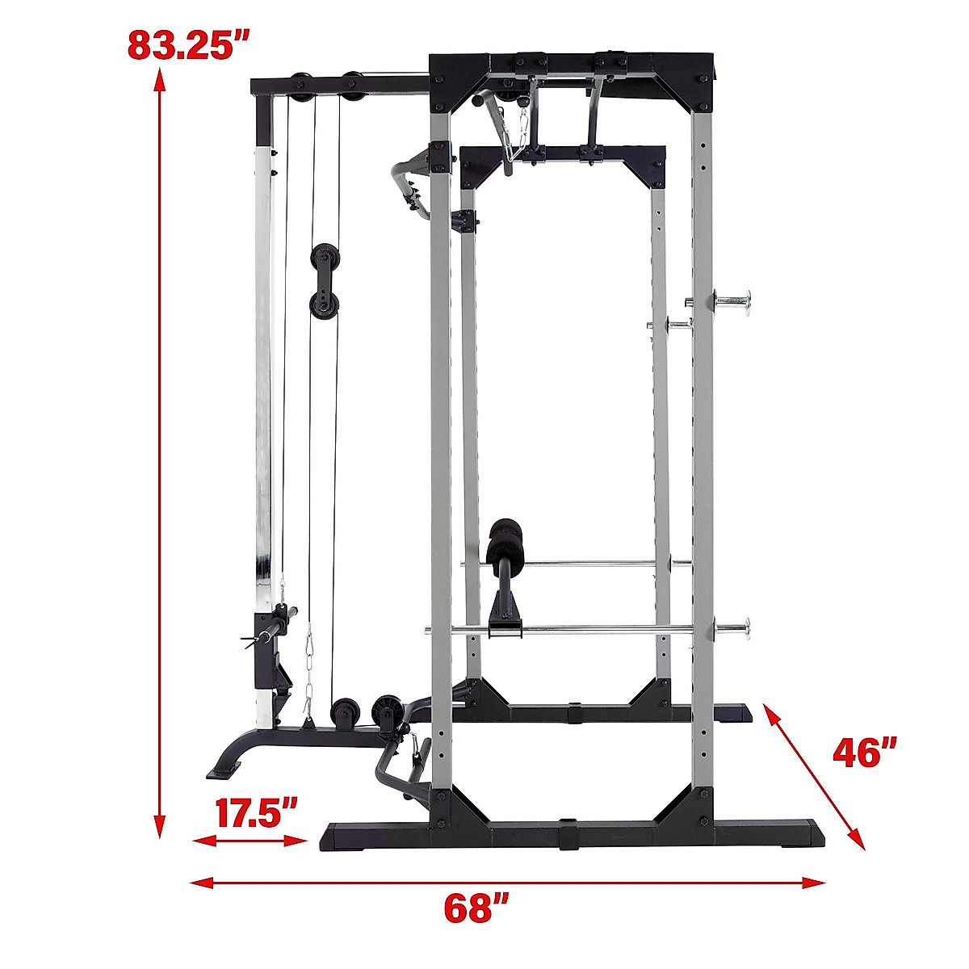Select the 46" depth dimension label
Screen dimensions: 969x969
pos(865,753)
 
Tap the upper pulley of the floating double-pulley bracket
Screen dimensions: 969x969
pos(325,256)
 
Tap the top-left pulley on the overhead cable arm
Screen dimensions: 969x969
pos(300,83)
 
